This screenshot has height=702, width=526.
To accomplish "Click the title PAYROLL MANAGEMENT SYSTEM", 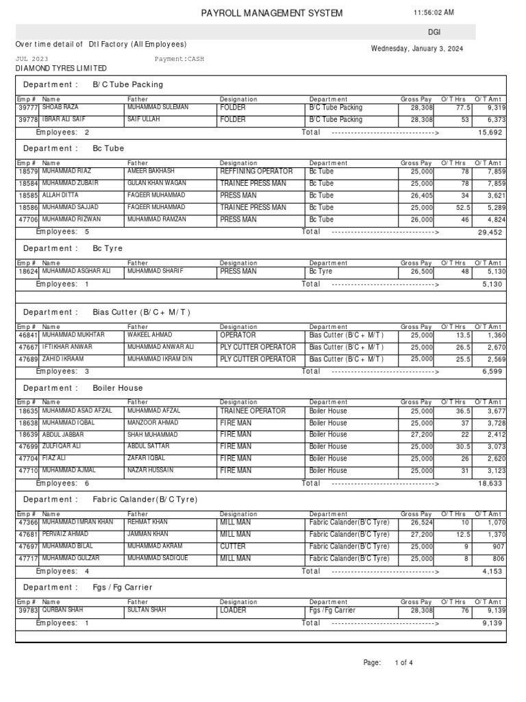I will (x=272, y=14).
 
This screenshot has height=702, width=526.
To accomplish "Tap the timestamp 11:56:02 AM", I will (x=434, y=13).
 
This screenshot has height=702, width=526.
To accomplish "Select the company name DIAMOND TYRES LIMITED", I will (x=61, y=69).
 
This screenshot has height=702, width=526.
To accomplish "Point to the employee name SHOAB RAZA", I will (x=61, y=108).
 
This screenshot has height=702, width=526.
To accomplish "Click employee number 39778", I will (x=28, y=120).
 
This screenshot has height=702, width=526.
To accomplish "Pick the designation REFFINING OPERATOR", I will (x=256, y=171).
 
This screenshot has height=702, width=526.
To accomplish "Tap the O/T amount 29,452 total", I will (x=490, y=232).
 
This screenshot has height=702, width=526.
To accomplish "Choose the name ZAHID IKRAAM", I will (x=63, y=359).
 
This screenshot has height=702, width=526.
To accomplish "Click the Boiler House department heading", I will (x=118, y=388).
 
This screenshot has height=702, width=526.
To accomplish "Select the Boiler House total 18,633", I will (x=490, y=483).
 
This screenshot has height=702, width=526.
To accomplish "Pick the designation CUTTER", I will (x=233, y=546).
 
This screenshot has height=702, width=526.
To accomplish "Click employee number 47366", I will (x=28, y=522).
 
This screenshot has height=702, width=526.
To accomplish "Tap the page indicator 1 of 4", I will (x=404, y=663).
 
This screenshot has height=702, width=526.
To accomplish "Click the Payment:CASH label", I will (x=179, y=59).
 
